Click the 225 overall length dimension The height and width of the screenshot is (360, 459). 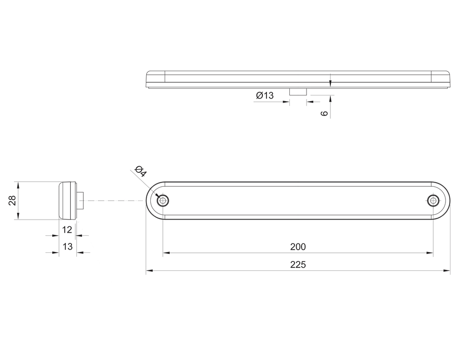coord(298,265)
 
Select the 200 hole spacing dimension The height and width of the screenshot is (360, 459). coord(298,247)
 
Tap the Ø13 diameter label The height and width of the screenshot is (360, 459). coord(265,95)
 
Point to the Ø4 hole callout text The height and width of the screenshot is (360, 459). coord(140,171)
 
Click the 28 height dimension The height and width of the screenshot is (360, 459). coord(12,201)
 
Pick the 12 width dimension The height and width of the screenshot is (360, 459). coord(67,230)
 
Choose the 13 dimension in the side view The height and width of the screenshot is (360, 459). coord(67,247)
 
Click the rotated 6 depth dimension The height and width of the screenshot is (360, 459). coord(324,113)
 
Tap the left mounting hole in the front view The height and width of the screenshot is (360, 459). coord(163,201)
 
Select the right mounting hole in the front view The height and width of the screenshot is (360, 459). coord(433,201)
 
